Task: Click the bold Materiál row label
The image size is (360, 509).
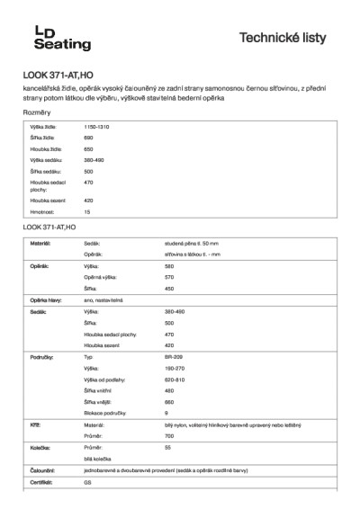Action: [40, 244]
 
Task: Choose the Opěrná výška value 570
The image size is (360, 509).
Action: [169, 278]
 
